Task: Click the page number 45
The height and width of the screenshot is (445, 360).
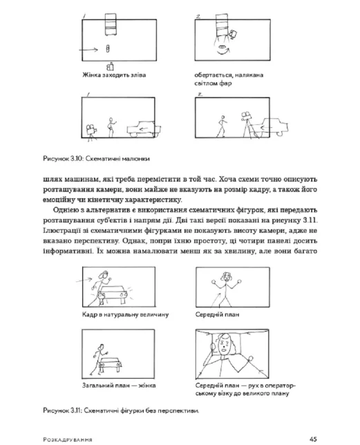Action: click(313, 439)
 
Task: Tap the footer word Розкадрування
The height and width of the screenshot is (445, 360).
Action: click(68, 439)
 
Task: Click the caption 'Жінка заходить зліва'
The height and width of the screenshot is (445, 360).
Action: click(114, 75)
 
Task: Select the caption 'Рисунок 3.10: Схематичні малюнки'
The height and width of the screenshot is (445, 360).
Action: click(96, 159)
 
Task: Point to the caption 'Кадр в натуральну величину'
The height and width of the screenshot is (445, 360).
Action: click(125, 314)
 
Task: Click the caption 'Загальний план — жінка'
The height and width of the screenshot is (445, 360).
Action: click(119, 386)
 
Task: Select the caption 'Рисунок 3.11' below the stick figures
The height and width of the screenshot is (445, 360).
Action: click(121, 410)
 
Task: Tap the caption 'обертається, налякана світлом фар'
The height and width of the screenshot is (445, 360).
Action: click(229, 79)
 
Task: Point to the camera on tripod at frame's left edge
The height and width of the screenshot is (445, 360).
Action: click(91, 133)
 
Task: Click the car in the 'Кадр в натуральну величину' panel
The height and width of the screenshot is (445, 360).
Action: click(113, 295)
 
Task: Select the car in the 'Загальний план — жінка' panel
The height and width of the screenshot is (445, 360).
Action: click(111, 364)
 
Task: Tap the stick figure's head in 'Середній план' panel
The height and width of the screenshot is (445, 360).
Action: click(226, 276)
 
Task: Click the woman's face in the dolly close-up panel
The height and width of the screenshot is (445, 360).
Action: click(225, 344)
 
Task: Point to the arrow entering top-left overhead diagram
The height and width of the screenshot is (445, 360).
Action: click(88, 50)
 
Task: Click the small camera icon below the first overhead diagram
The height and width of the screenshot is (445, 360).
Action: click(111, 66)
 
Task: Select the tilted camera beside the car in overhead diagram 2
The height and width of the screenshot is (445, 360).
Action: click(234, 35)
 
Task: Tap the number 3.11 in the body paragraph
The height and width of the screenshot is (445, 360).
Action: click(310, 220)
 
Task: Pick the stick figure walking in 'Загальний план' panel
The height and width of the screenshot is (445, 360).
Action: click(98, 359)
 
